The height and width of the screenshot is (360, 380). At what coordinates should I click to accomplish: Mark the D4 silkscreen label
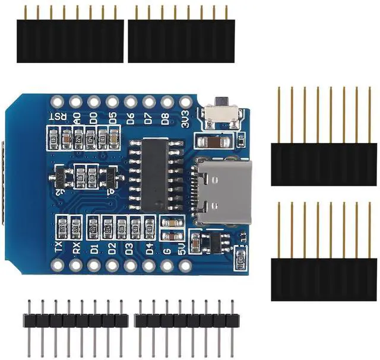click(148, 247)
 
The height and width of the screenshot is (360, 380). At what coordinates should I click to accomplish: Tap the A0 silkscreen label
click(76, 117)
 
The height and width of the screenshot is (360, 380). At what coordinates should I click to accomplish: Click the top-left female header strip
click(70, 40)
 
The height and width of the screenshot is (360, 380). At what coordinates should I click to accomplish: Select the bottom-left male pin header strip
click(75, 320)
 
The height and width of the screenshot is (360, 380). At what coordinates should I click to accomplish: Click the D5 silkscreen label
click(112, 117)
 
